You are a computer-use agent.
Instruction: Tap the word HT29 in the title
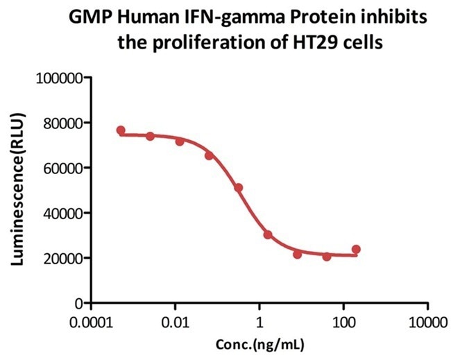314,41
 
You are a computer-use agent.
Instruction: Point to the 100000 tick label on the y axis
57,78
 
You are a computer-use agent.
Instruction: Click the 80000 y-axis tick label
60,123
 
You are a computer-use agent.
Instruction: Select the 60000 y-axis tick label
60,168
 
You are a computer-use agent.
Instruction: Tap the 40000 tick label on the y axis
60,213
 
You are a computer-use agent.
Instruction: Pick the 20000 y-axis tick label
60,258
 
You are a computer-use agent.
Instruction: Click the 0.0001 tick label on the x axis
92,324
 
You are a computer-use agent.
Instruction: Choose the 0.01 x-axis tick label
176,324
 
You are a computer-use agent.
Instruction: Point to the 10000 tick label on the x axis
427,324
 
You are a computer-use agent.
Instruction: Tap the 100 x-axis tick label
343,324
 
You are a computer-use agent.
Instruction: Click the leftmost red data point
121,130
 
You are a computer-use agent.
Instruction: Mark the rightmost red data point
356,249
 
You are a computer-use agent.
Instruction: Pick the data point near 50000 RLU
238,188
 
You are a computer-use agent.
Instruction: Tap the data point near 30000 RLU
268,234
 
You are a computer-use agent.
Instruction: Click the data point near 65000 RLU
209,155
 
